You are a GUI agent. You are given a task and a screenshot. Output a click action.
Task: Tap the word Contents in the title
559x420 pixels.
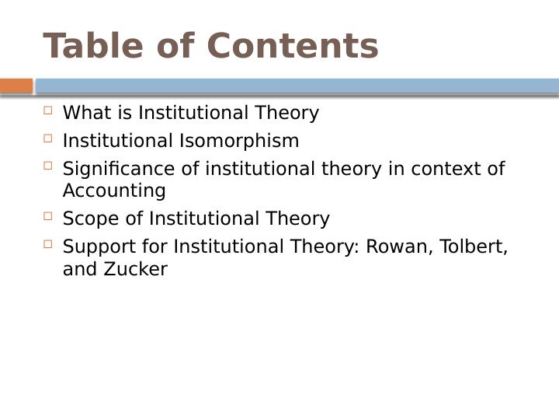293,47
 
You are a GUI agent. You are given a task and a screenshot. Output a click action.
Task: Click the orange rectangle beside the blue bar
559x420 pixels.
16,86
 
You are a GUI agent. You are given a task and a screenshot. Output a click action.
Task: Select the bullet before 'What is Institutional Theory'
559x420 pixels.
48,110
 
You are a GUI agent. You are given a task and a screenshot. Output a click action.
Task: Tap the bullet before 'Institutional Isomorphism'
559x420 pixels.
48,138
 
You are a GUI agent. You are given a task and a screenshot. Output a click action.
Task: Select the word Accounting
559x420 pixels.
114,191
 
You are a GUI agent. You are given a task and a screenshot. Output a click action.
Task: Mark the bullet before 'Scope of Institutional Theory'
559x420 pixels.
48,216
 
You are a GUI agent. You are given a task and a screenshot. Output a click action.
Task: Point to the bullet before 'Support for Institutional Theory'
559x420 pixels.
48,244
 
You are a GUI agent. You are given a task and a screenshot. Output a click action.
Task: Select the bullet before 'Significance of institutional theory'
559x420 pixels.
48,166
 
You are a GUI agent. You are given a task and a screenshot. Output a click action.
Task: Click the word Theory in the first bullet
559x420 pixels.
291,114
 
